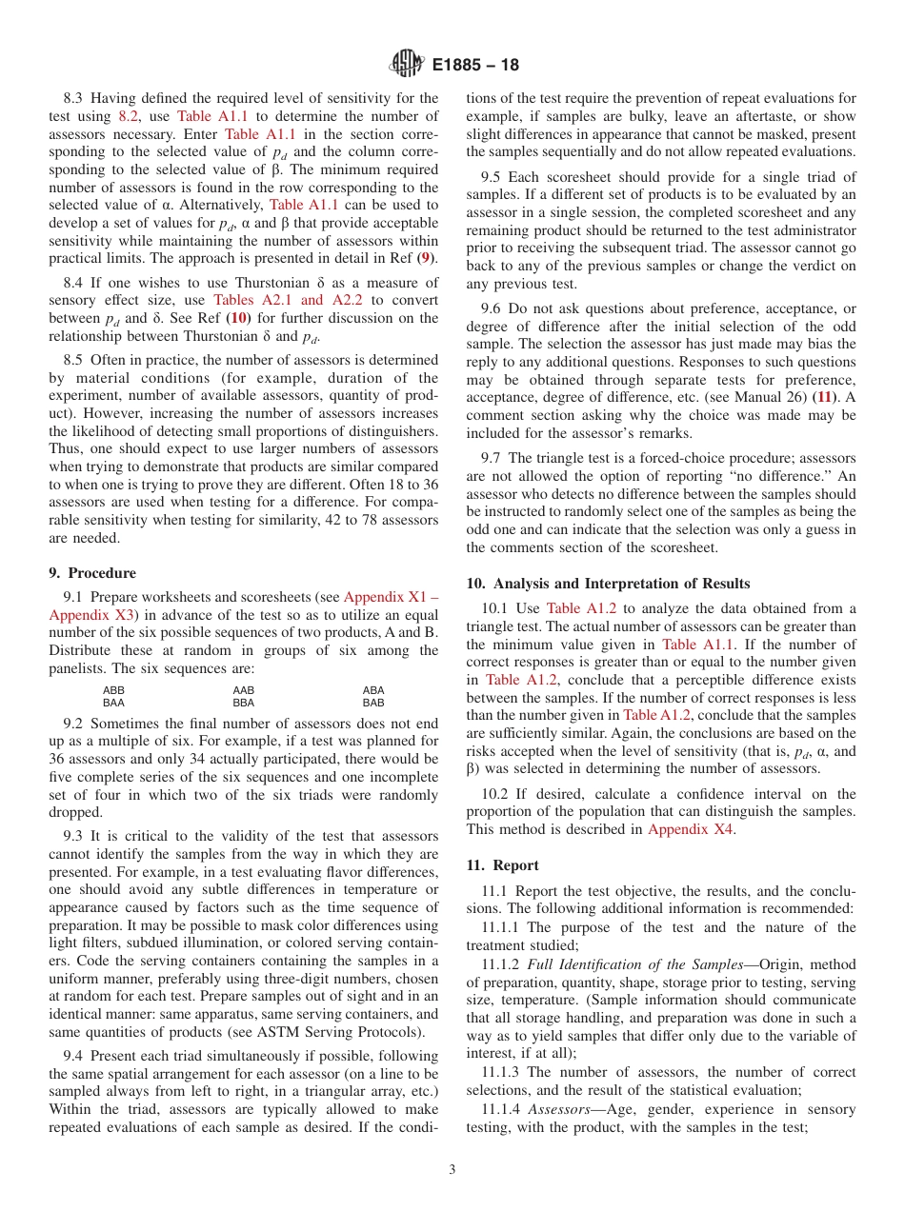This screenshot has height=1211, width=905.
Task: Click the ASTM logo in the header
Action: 406,65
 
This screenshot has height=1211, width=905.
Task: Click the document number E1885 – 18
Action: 475,66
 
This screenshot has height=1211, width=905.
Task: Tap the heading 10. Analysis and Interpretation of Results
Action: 608,584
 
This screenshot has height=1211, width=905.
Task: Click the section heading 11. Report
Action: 502,865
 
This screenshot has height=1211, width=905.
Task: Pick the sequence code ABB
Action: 113,690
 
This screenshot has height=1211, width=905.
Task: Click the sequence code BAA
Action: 113,703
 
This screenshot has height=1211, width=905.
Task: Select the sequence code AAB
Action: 244,690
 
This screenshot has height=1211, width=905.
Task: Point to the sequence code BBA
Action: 244,703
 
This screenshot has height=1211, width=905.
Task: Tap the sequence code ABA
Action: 373,690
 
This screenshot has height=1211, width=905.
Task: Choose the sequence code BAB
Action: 373,703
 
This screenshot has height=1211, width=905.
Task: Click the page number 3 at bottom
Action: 452,1170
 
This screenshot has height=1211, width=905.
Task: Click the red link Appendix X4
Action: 692,829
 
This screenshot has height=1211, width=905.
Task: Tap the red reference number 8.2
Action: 128,116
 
